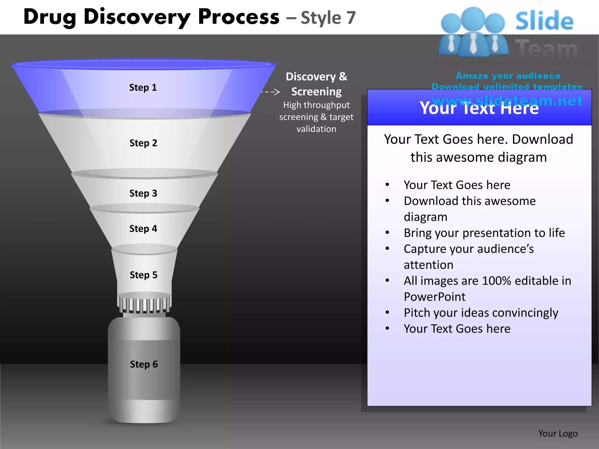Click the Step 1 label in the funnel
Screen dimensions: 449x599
coord(143,87)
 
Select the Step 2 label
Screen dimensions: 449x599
coord(143,143)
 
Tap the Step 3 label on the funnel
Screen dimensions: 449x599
coord(143,193)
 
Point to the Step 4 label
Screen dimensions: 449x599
coord(143,229)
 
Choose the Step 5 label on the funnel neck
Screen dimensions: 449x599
coord(144,275)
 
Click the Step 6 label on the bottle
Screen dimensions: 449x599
coord(144,364)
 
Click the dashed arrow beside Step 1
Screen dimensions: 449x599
coord(271,92)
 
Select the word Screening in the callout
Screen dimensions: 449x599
coord(316,92)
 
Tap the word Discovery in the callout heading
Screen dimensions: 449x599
coord(311,77)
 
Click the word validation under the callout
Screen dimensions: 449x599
coord(316,129)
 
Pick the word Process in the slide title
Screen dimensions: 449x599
coord(239,17)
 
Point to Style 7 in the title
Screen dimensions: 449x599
coord(328,18)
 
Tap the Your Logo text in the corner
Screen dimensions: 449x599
coord(558,434)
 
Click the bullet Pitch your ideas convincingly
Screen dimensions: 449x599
coord(481,313)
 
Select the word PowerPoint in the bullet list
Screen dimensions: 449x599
coord(434,297)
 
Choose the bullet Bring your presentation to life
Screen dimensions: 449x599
coord(484,233)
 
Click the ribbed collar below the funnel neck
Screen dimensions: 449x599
coord(144,305)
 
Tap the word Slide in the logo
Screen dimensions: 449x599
coord(544,21)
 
